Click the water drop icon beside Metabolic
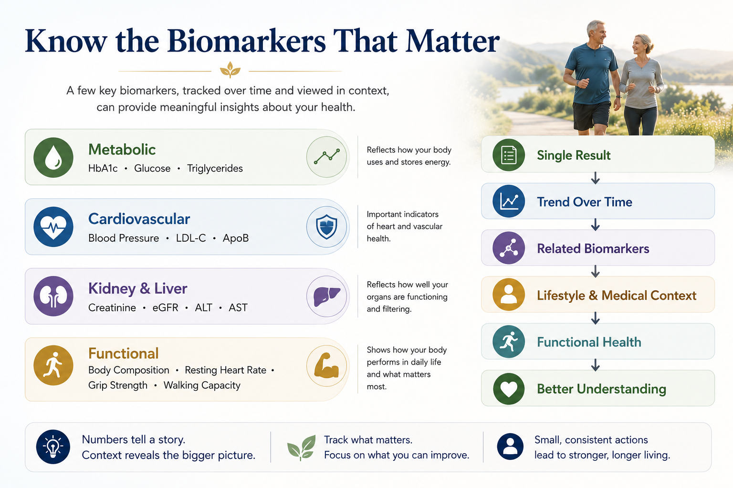pos(53,158)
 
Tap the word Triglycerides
pos(215,168)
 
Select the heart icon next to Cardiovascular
pos(53,227)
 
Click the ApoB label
pos(236,238)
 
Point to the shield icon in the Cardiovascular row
pos(326,226)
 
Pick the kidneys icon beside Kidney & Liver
pos(53,296)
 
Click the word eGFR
pos(165,307)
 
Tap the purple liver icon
pos(326,296)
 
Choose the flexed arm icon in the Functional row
pos(326,366)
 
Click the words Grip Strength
pos(118,386)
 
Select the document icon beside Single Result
pos(509,155)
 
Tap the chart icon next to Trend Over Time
pos(509,201)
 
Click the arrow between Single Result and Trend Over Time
pos(596,178)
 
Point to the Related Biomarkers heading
pos(593,249)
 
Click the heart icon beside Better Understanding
pos(509,389)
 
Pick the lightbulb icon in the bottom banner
pos(53,447)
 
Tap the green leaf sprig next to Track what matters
pos(302,447)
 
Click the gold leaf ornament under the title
pos(230,70)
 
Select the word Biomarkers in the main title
pos(247,41)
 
